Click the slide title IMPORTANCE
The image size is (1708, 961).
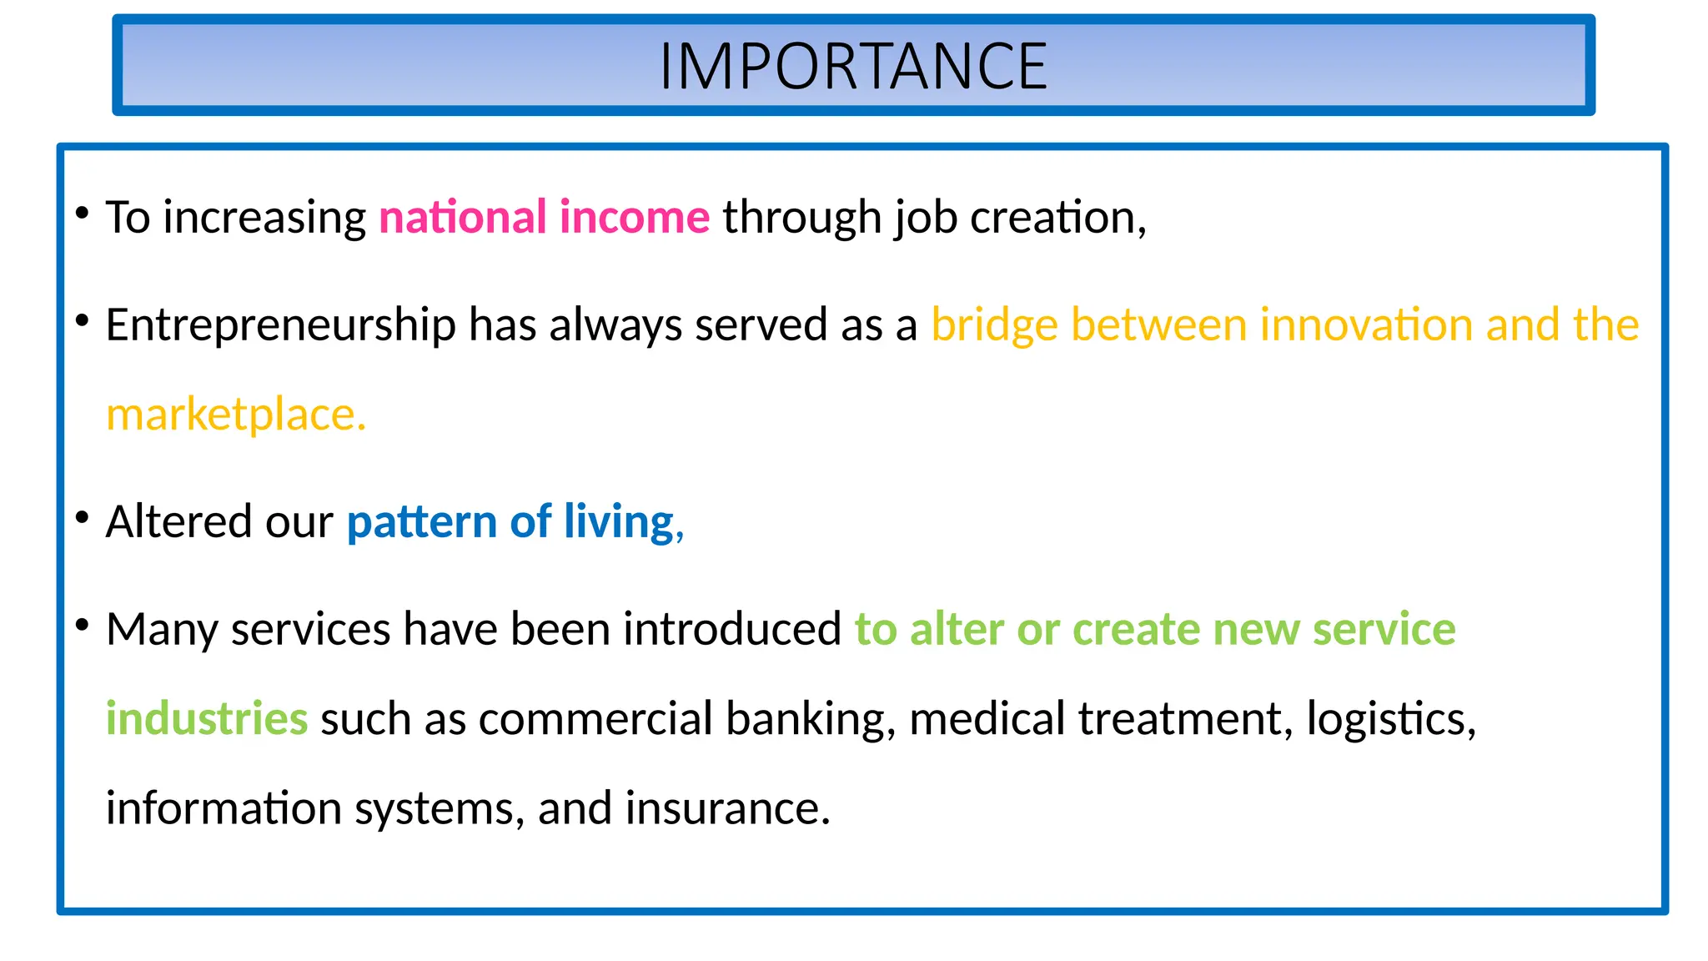coord(853,67)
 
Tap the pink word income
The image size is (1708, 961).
coord(635,218)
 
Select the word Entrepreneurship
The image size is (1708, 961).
coord(280,325)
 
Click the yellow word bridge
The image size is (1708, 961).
coord(994,325)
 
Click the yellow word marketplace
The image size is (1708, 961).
coord(235,415)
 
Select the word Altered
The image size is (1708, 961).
coord(178,522)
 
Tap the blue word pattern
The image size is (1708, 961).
coord(422,523)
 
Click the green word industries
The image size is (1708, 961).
coord(207,719)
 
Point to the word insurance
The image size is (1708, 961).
coord(727,808)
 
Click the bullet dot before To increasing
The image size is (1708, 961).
coord(82,214)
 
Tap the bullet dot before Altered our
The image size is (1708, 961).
coord(82,518)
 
